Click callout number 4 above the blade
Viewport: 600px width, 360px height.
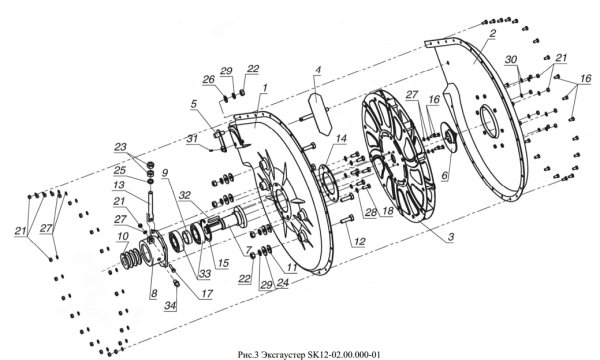tap(318, 70)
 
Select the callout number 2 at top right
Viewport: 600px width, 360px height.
tap(492, 33)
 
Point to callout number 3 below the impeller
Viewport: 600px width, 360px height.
tap(451, 237)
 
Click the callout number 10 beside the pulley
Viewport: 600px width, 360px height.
tap(123, 237)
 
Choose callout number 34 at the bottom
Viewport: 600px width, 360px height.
tap(171, 306)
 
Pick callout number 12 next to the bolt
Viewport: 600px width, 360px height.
tap(359, 242)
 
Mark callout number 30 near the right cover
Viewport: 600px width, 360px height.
tap(510, 59)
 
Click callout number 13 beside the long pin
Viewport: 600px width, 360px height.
tap(119, 185)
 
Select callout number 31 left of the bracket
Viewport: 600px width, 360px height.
tap(192, 140)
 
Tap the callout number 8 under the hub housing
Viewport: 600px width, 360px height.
tap(153, 293)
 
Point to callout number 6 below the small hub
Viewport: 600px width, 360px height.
tap(444, 176)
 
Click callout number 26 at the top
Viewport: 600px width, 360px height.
tap(209, 80)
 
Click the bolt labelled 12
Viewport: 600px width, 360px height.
tap(347, 221)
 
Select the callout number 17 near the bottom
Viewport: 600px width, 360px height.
tap(206, 293)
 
